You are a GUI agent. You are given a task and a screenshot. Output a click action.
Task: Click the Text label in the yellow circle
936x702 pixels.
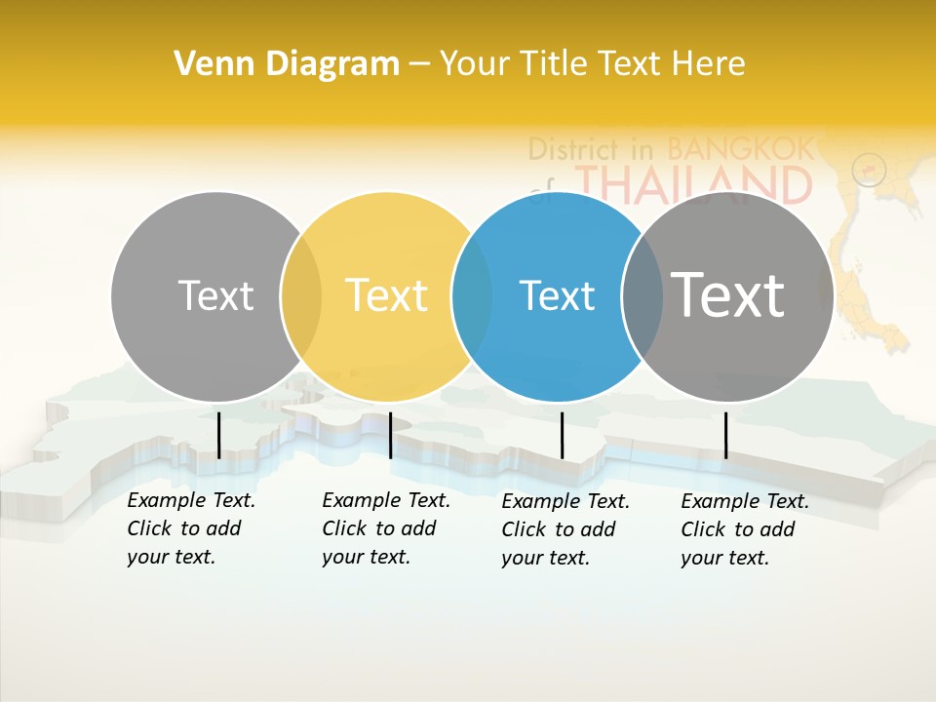[386, 295]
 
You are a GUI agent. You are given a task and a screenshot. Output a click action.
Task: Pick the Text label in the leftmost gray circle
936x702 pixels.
[215, 295]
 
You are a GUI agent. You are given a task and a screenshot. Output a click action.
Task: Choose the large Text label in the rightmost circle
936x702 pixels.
[727, 294]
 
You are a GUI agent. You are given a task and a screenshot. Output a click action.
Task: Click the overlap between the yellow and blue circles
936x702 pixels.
[473, 296]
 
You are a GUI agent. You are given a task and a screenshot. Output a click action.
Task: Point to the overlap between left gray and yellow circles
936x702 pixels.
[301, 296]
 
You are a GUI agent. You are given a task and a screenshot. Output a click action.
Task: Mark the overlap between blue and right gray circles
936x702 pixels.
[642, 296]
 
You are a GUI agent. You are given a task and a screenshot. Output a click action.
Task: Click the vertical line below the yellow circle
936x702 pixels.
[390, 435]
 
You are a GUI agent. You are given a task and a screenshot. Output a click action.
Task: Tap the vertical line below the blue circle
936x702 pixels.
[562, 435]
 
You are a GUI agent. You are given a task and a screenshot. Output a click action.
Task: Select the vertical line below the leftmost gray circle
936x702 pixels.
[218, 435]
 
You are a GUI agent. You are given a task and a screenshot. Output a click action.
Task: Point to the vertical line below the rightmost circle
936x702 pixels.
[725, 435]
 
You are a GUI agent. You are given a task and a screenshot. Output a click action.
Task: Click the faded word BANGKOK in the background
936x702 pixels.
[740, 149]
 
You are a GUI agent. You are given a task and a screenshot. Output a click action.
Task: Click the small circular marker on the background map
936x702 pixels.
[868, 171]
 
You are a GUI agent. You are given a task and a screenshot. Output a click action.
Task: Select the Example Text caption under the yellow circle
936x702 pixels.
[386, 528]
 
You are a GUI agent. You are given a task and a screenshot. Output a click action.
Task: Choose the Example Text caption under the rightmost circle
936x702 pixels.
[745, 529]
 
